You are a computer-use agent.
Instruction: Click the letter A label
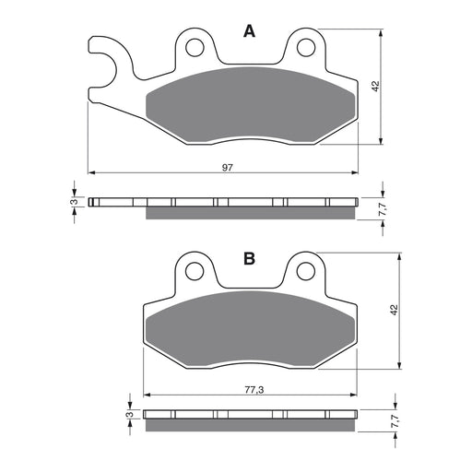tap(248, 32)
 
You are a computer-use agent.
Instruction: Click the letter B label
tap(248, 260)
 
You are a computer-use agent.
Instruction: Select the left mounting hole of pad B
tap(194, 271)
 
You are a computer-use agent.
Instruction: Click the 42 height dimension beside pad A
tap(375, 86)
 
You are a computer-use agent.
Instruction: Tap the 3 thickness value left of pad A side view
tap(74, 201)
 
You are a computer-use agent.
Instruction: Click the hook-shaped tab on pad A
tap(107, 65)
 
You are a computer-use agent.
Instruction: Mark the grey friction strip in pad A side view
tap(250, 213)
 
